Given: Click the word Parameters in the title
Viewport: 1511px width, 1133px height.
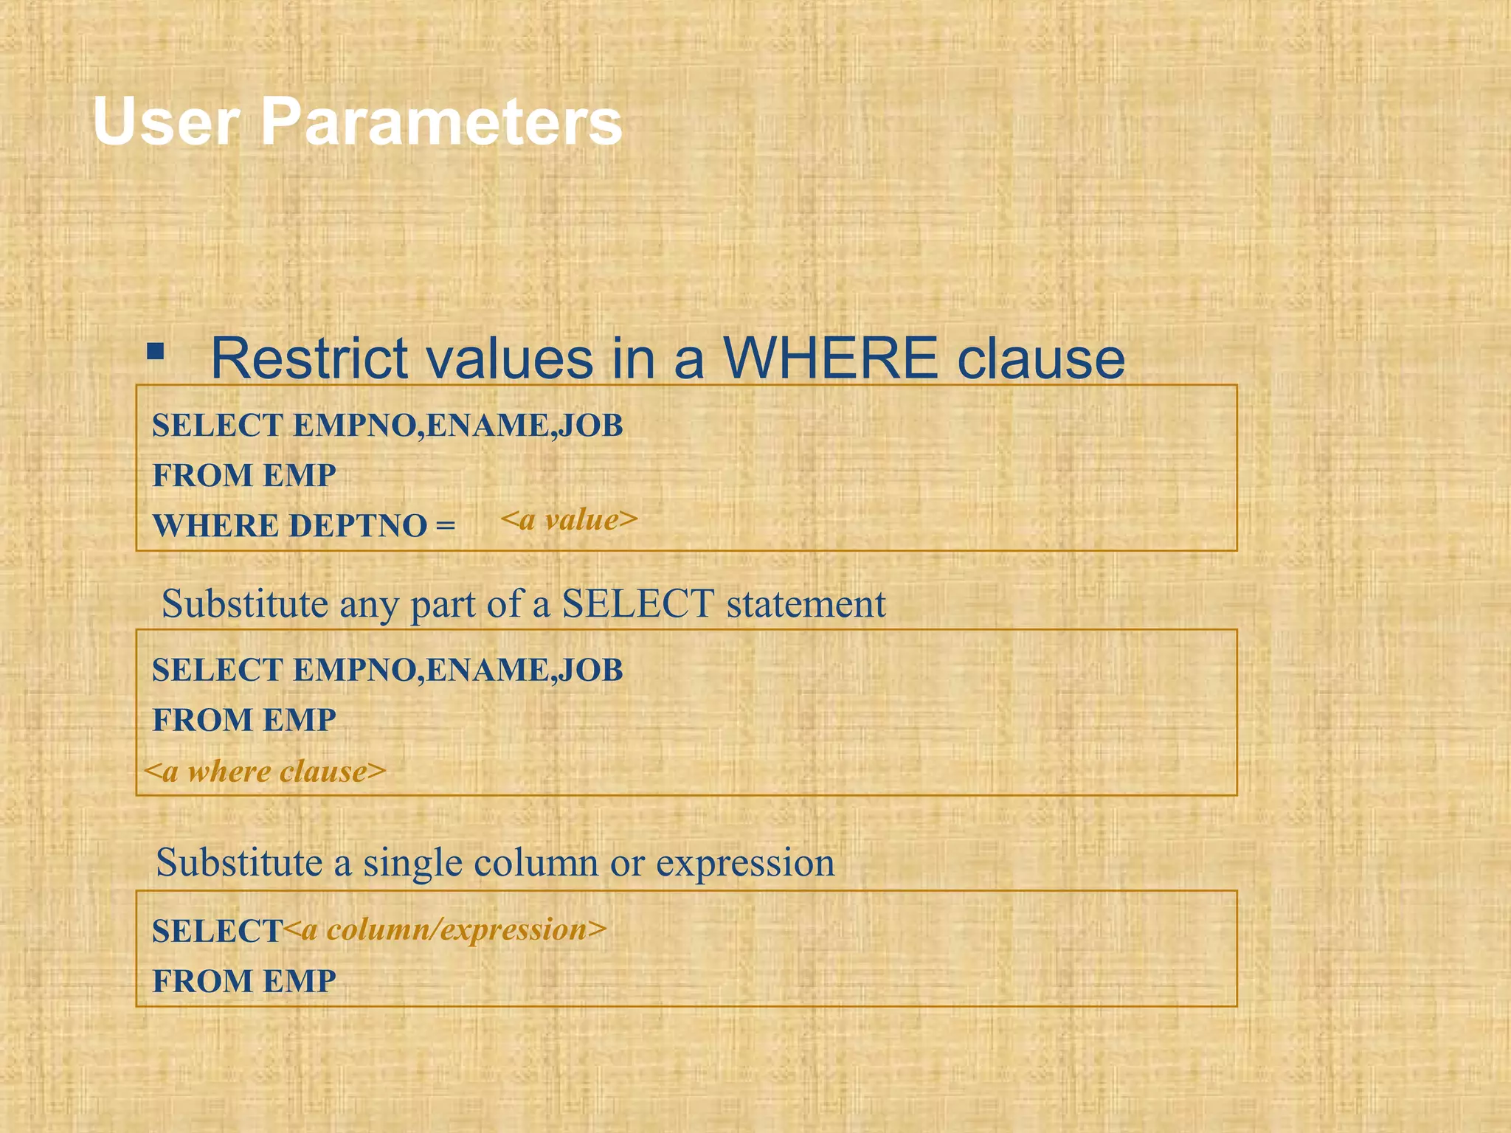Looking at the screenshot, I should click(441, 122).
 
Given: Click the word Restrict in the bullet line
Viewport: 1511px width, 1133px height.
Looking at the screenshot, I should click(308, 359).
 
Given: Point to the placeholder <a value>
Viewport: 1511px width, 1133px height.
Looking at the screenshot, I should click(568, 520).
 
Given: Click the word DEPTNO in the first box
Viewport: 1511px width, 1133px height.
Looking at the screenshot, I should click(358, 526).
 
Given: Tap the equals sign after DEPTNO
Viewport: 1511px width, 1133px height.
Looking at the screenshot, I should click(445, 526).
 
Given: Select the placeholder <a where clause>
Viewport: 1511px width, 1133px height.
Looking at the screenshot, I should click(265, 772).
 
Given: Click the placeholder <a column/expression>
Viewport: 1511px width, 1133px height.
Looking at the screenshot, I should click(444, 929).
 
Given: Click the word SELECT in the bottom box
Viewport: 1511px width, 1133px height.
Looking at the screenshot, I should click(217, 931).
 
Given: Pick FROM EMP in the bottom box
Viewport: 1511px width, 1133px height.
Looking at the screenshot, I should click(243, 981).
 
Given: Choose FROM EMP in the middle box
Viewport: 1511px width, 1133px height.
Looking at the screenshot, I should click(243, 720).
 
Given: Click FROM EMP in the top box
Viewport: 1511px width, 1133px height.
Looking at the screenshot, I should click(243, 475).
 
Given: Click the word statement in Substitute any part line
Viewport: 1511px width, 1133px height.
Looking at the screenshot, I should click(806, 604).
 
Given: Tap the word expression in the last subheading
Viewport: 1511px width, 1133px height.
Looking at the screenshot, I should click(745, 863).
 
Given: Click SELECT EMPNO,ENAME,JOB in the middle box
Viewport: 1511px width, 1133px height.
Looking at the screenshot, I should click(387, 670).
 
